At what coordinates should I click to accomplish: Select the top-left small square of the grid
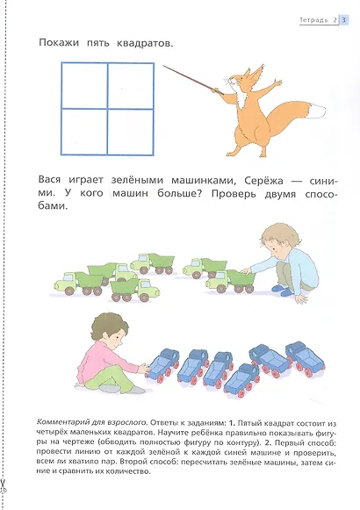coord(84,84)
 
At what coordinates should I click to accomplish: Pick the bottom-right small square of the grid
coord(130,129)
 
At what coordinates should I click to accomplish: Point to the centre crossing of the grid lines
coord(107,106)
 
